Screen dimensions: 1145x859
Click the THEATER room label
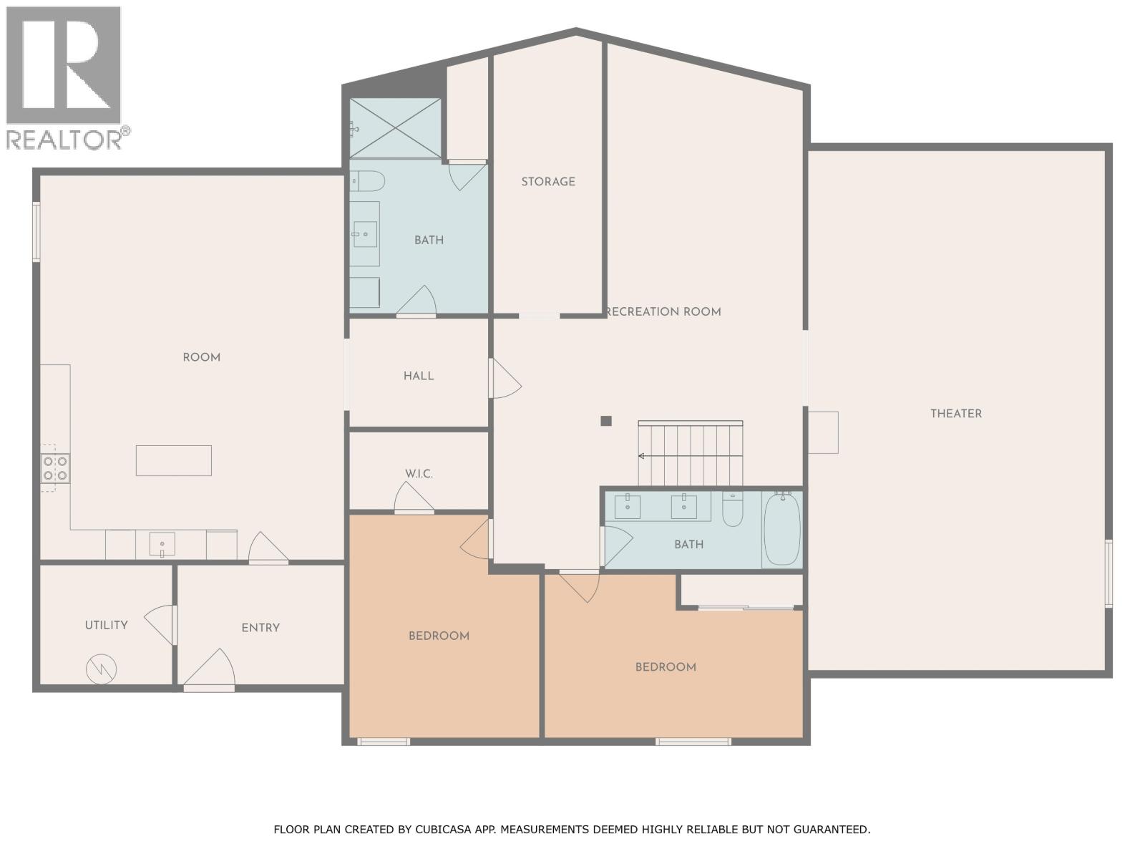click(x=955, y=414)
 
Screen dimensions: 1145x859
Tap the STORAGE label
click(x=548, y=182)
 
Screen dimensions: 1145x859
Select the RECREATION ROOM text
click(x=663, y=312)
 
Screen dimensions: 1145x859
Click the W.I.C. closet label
click(x=419, y=474)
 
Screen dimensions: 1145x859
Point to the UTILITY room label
click(x=107, y=625)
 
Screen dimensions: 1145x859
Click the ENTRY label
click(x=260, y=628)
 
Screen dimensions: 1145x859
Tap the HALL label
click(x=419, y=376)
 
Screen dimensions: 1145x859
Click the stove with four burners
click(x=55, y=468)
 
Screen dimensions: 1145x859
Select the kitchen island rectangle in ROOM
click(x=174, y=460)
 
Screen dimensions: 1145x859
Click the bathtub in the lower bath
click(x=782, y=530)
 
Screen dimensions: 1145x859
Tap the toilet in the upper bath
click(x=368, y=181)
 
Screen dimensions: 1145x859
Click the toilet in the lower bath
click(x=732, y=510)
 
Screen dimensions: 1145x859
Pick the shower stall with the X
click(x=396, y=128)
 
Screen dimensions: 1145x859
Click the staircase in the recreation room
click(x=691, y=453)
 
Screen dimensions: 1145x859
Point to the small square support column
click(x=605, y=421)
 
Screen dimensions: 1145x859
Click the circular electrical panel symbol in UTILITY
click(x=101, y=669)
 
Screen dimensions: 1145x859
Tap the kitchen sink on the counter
click(x=162, y=544)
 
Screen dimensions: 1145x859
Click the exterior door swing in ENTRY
click(x=210, y=668)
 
